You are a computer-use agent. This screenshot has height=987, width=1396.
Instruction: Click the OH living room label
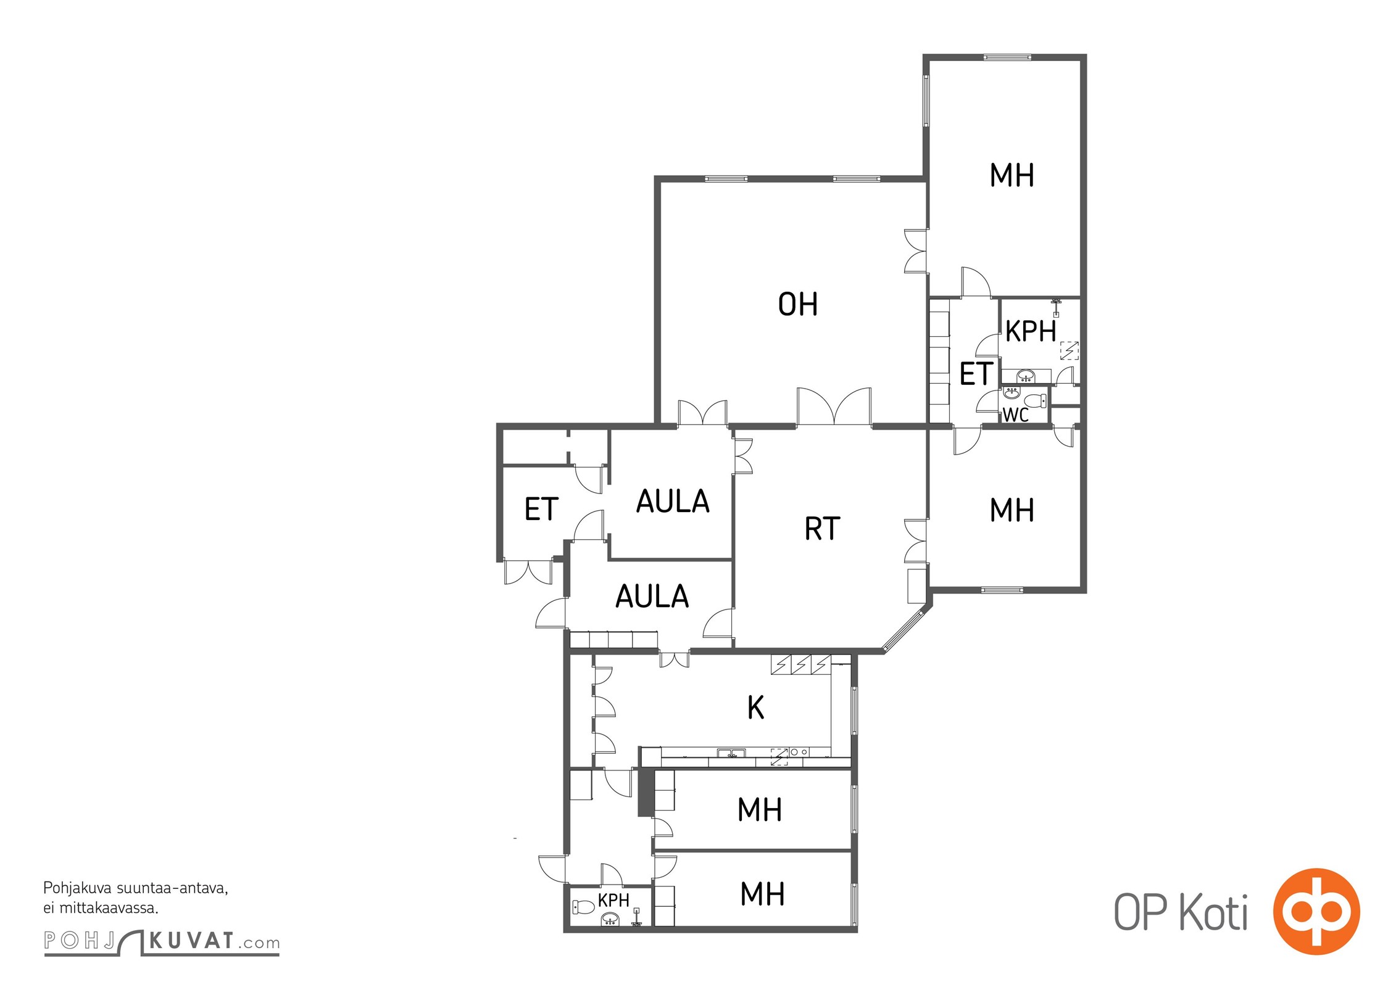797,305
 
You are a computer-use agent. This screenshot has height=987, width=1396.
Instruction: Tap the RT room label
822,529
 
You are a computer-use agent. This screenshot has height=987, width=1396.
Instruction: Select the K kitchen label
755,708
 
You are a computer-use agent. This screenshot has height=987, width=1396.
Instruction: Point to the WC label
1015,415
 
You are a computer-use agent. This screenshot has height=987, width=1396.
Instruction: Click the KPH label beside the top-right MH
1030,332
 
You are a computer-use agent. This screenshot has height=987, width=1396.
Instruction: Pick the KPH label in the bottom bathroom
613,900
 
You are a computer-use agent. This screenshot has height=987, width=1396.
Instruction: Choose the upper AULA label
673,502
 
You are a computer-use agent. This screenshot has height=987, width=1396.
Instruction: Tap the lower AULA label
652,597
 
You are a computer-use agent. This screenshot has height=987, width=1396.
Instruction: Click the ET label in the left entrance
541,510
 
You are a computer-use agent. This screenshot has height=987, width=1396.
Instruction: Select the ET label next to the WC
976,374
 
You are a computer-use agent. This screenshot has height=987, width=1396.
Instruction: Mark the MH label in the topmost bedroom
1012,175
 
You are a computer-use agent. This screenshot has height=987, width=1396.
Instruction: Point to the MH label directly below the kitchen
760,810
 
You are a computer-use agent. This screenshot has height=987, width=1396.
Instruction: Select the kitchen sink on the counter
731,753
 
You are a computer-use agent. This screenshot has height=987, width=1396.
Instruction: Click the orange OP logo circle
1316,911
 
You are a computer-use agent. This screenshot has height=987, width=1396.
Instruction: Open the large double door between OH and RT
834,407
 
